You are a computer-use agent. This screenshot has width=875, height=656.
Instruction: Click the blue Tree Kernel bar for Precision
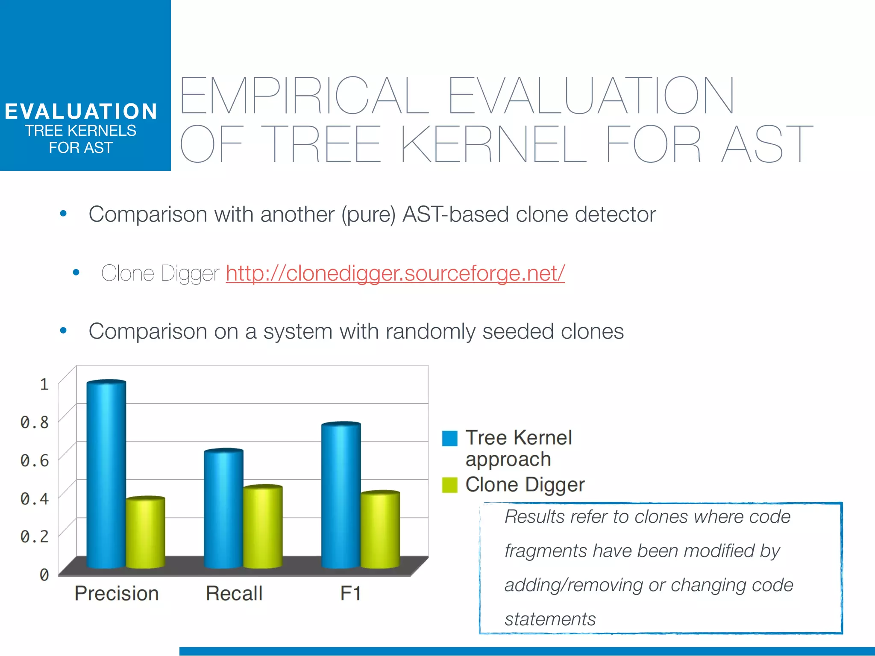pyautogui.click(x=106, y=474)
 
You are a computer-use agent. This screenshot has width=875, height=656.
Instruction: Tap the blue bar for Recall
pyautogui.click(x=223, y=508)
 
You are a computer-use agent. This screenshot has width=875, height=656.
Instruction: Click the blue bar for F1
pyautogui.click(x=341, y=495)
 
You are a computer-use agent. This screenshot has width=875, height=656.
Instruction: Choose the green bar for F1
pyautogui.click(x=380, y=530)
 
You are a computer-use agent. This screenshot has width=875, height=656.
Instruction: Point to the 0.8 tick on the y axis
pyautogui.click(x=35, y=422)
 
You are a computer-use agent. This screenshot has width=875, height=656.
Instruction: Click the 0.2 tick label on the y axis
pyautogui.click(x=35, y=536)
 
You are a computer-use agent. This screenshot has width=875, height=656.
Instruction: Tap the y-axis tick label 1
pyautogui.click(x=44, y=384)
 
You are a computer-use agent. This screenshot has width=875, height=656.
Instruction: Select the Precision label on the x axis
pyautogui.click(x=117, y=594)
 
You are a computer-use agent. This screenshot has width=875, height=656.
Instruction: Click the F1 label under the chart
pyautogui.click(x=351, y=594)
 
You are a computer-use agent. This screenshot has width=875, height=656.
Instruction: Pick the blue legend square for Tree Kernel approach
pyautogui.click(x=449, y=438)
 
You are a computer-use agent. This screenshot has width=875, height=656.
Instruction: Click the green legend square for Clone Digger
pyautogui.click(x=449, y=485)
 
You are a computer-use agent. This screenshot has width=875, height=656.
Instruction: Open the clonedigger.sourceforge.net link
pyautogui.click(x=395, y=273)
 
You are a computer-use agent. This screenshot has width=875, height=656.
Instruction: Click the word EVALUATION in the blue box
pyautogui.click(x=81, y=111)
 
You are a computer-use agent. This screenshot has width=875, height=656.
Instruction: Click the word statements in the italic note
pyautogui.click(x=550, y=619)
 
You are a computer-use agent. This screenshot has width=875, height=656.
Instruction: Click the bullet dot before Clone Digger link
pyautogui.click(x=76, y=272)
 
